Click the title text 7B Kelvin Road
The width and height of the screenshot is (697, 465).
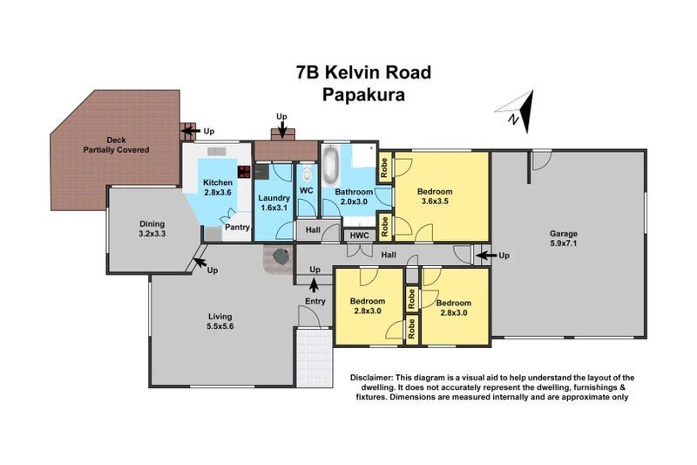click(x=363, y=72)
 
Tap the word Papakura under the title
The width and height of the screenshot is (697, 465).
click(x=363, y=95)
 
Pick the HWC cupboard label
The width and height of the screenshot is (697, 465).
click(x=358, y=235)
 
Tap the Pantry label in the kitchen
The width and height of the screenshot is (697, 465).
click(x=238, y=228)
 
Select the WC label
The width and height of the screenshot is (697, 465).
click(x=306, y=190)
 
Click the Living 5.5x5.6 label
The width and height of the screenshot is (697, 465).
click(x=220, y=322)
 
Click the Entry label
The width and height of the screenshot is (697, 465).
click(x=315, y=302)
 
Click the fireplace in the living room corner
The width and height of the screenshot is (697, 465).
click(x=280, y=258)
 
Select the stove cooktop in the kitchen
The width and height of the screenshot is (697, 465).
click(x=244, y=172)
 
